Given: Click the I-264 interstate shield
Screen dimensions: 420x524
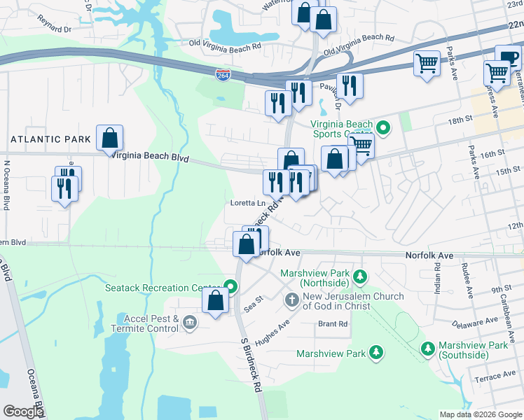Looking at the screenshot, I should (222, 75).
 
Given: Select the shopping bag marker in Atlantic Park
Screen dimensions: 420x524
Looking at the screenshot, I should (110, 137).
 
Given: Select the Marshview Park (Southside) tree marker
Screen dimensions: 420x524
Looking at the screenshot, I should (428, 348).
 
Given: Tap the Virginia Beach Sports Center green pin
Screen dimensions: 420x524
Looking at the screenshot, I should (382, 128).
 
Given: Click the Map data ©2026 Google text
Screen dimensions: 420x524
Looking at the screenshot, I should (480, 414).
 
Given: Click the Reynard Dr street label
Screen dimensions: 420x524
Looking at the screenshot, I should (56, 29).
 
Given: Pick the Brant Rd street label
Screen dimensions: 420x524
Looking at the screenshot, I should (333, 323).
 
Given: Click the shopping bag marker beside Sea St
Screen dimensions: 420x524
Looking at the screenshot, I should (216, 301).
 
